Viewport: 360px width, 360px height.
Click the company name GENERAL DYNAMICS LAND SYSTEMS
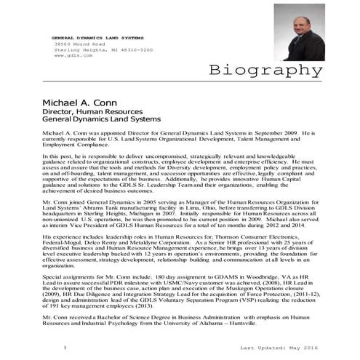pyautogui.click(x=98, y=36)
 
